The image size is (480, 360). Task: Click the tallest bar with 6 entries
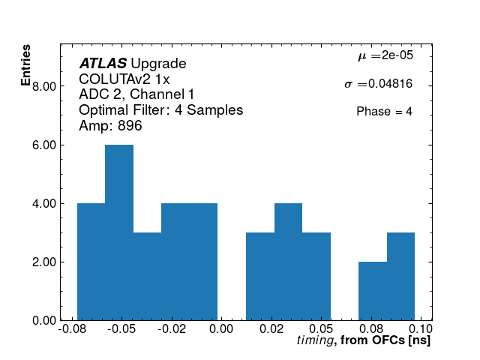pos(119,232)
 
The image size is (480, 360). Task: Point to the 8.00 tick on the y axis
pos(44,86)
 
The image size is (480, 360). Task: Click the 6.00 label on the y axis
pos(44,145)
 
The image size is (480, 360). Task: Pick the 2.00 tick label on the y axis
pos(44,262)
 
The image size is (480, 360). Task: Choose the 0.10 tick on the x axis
pos(421,330)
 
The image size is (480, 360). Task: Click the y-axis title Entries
pos(26,66)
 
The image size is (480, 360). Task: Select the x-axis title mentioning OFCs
pos(363,341)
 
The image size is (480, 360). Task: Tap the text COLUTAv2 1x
pos(124,79)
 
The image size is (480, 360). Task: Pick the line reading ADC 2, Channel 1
pos(136,94)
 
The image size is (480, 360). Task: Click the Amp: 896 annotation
pos(110,126)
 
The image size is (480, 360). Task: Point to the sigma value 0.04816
pos(378,84)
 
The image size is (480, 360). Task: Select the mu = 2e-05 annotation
pos(385,55)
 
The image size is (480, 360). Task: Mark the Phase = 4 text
pos(384,112)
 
